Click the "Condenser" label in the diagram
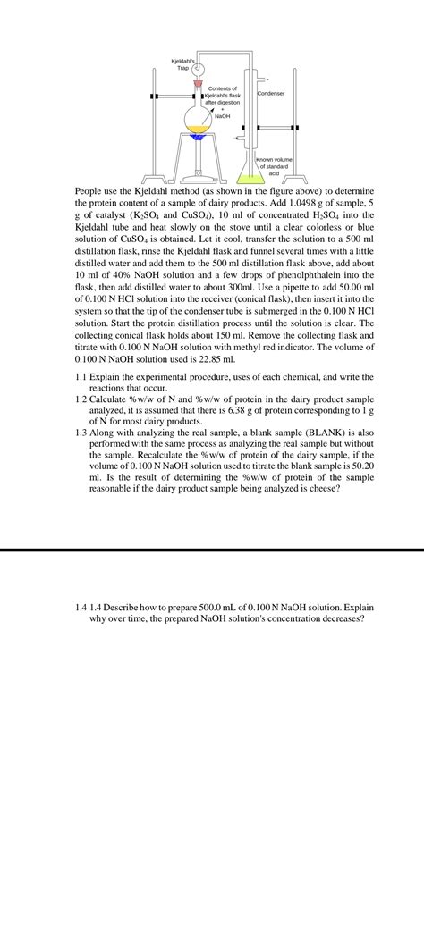pyautogui.click(x=271, y=94)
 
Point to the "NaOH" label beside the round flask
pyautogui.click(x=223, y=117)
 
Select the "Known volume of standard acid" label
pyautogui.click(x=276, y=165)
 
